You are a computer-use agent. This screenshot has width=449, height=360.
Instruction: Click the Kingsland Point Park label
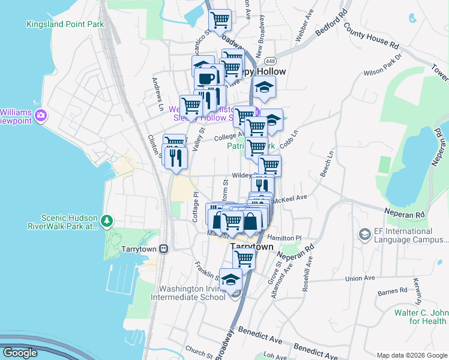point(65,25)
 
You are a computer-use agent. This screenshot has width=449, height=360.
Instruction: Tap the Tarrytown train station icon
point(163,248)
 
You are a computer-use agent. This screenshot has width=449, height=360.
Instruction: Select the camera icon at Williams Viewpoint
point(41,115)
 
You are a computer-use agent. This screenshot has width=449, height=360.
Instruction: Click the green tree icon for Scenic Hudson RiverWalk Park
point(107,221)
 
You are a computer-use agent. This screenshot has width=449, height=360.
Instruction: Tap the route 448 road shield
point(269,61)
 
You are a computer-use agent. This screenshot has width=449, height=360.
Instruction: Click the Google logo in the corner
point(20,353)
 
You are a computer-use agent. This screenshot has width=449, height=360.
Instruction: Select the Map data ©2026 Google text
point(411,355)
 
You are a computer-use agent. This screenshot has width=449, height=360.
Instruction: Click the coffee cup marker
point(206,79)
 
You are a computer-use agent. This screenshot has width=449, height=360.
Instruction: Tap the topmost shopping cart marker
point(220,20)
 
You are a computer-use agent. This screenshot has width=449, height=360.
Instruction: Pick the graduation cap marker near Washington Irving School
point(231,279)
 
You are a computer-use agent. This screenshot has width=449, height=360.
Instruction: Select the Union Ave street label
point(360,278)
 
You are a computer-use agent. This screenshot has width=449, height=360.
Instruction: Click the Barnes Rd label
point(392,292)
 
